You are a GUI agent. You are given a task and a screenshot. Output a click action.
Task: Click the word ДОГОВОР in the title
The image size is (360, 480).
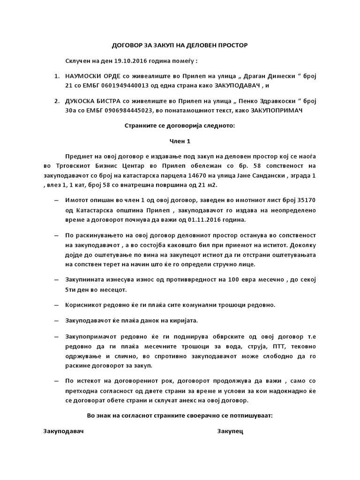click(x=126, y=45)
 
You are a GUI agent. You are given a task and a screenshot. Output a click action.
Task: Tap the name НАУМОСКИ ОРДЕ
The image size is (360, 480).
click(x=90, y=76)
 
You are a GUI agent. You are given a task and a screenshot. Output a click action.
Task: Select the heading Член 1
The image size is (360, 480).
click(x=180, y=141)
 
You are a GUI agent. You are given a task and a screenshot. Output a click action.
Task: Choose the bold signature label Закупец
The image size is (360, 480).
click(x=230, y=430)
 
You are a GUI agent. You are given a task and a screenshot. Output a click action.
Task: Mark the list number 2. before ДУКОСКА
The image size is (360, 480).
click(x=57, y=101)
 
